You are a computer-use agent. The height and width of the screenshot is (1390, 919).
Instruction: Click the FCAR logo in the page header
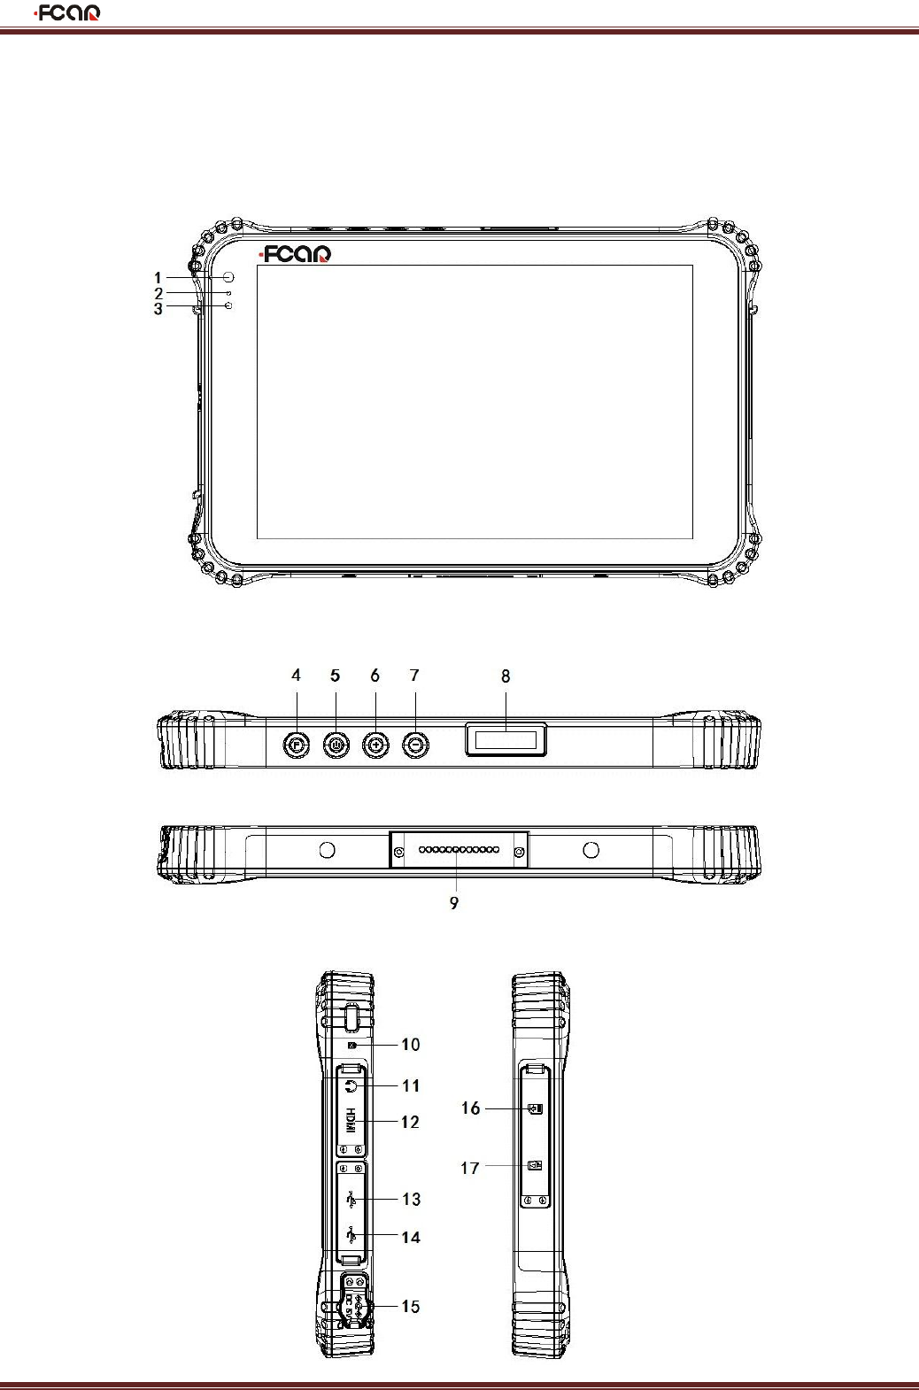[x=67, y=13]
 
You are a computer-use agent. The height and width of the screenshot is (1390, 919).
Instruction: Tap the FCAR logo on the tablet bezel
[x=295, y=254]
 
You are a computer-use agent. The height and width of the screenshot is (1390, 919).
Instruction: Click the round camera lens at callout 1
[x=228, y=277]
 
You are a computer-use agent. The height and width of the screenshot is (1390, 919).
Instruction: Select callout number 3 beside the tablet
[x=158, y=308]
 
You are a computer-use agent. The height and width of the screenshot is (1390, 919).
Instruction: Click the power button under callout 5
[x=336, y=745]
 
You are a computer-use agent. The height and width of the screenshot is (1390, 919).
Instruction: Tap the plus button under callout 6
[x=375, y=745]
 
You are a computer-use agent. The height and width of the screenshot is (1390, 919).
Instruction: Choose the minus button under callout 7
[x=415, y=745]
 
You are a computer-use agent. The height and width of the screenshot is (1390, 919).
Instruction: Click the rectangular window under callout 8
[x=506, y=739]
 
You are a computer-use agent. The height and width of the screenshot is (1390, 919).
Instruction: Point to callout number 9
[x=454, y=903]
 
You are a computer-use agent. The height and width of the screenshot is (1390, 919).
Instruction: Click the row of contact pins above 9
[x=459, y=850]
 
